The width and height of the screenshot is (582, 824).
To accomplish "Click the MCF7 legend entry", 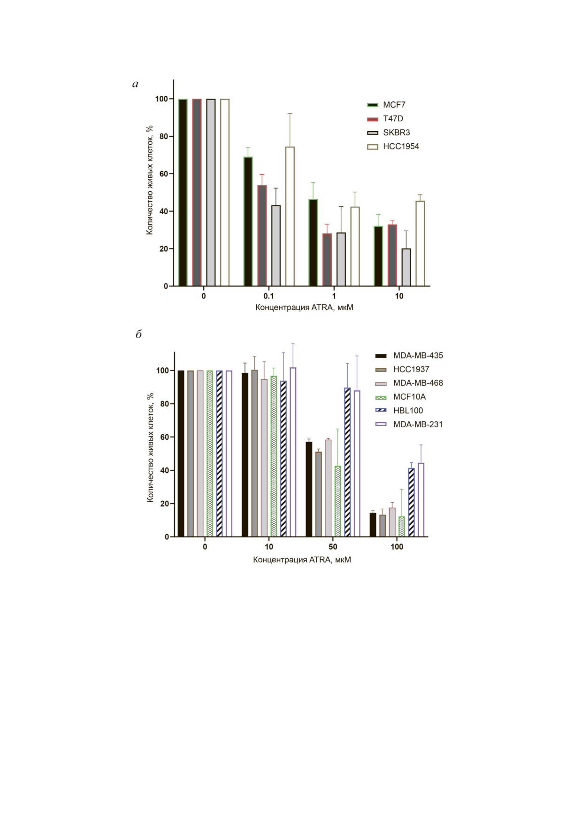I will coord(394,105).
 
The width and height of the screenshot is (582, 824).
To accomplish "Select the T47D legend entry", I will coord(393,119).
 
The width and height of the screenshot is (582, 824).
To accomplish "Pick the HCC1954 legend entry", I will coord(401,147).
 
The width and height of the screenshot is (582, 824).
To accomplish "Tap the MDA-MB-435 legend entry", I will coord(418,356).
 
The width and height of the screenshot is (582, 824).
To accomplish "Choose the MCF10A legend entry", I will coord(409,397).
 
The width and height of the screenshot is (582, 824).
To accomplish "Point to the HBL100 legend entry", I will coord(408,411).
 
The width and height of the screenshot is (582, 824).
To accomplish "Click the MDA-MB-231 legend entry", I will coord(418,424).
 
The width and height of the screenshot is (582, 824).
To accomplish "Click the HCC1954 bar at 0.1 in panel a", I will coord(290,216).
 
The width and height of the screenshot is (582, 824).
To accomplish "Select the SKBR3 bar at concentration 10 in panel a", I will coord(406,267).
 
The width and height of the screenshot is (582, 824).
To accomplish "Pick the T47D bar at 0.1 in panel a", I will coord(262,235).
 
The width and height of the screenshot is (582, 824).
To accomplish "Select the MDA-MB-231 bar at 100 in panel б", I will coord(421,500).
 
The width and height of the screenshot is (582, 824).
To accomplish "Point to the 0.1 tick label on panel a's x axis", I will coord(268,296).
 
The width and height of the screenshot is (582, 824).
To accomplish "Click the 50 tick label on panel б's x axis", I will coord(332,547).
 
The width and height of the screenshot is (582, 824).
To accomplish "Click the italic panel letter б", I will coord(139,335).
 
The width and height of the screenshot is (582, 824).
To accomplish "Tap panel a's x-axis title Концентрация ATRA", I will coord(304,308).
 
